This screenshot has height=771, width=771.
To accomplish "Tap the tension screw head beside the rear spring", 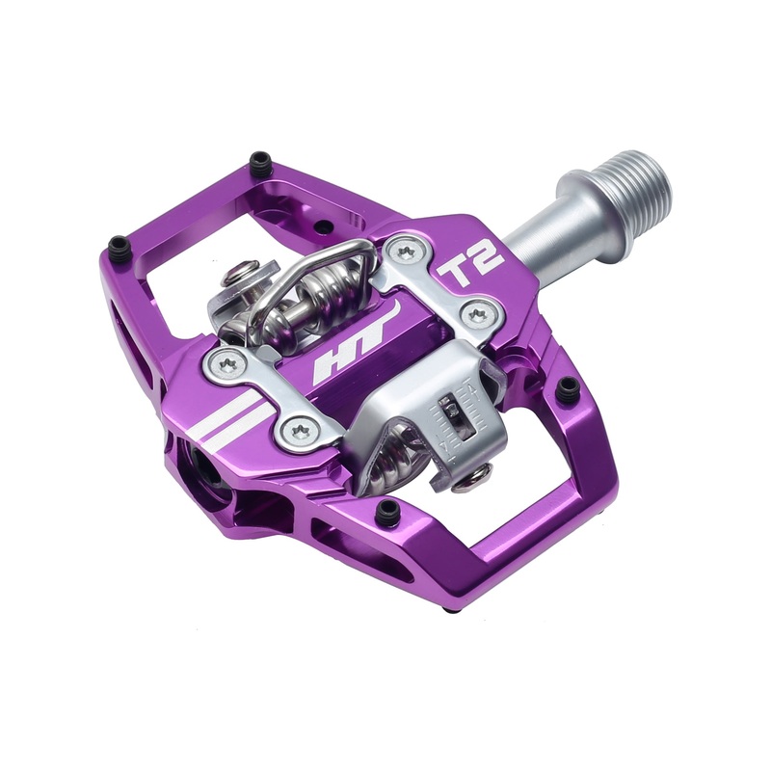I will pos(235,278).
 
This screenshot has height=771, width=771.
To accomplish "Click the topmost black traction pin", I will pos(258,160).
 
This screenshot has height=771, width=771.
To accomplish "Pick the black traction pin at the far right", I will pos(569,387).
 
